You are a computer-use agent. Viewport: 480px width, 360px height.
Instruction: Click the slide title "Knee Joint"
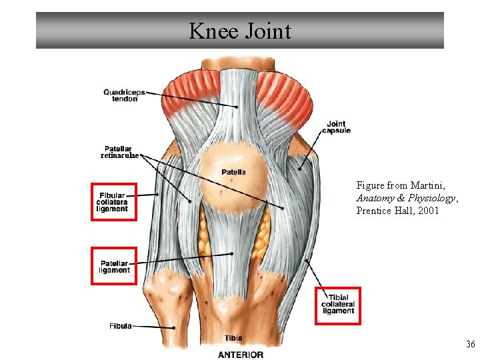(x=239, y=31)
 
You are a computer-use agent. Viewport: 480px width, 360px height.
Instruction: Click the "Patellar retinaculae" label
(x=119, y=152)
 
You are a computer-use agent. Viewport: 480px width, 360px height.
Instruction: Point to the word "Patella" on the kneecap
(x=233, y=172)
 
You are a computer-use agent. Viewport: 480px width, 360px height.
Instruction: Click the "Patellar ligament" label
(x=114, y=267)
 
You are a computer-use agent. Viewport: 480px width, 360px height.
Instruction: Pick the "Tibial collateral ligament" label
(x=338, y=305)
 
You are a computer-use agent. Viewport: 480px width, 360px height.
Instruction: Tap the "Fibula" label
(x=120, y=326)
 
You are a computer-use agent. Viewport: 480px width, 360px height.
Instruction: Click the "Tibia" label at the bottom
(x=233, y=338)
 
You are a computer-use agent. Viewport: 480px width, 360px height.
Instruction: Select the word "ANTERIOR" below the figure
(x=240, y=354)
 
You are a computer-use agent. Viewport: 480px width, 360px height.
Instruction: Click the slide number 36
(x=470, y=345)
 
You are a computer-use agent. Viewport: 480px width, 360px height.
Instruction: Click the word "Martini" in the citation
(x=427, y=185)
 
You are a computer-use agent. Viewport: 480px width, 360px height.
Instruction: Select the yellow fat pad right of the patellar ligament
(x=264, y=230)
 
